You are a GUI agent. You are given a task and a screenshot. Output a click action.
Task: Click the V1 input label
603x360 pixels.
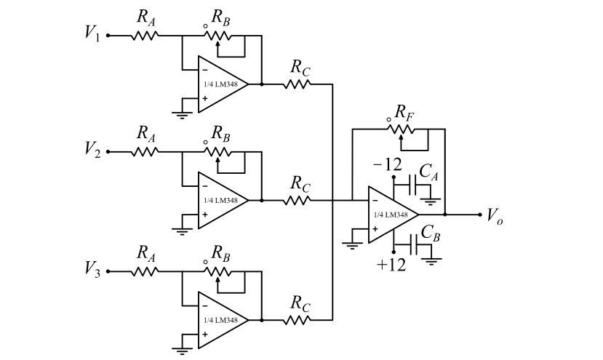pyautogui.click(x=92, y=33)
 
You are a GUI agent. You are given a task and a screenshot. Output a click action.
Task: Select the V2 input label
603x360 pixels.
pyautogui.click(x=92, y=151)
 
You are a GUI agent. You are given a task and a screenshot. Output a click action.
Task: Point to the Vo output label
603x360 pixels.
pyautogui.click(x=495, y=216)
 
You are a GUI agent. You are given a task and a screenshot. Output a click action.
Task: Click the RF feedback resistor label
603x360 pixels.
pyautogui.click(x=404, y=112)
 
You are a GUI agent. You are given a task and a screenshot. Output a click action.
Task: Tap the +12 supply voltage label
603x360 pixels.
pyautogui.click(x=391, y=265)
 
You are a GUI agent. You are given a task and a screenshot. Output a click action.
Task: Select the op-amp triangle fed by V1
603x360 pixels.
pyautogui.click(x=220, y=84)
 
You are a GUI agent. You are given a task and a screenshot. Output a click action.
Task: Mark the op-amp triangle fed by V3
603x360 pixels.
pyautogui.click(x=220, y=320)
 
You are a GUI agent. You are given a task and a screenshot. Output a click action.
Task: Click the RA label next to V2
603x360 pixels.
pyautogui.click(x=145, y=134)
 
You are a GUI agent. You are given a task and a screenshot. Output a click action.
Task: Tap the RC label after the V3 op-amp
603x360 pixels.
pyautogui.click(x=300, y=300)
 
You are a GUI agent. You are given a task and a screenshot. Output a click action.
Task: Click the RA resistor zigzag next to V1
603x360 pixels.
pyautogui.click(x=145, y=34)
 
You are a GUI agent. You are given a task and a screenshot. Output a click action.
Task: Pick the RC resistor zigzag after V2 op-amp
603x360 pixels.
pyautogui.click(x=297, y=200)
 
